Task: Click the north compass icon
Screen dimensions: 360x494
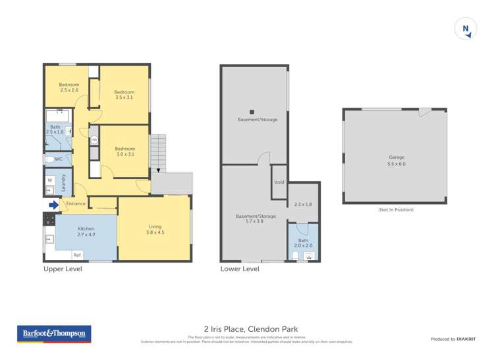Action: [466, 29]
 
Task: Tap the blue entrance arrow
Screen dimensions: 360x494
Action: [53, 204]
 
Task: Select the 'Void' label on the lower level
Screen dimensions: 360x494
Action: [279, 182]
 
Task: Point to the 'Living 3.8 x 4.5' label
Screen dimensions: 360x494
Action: [155, 229]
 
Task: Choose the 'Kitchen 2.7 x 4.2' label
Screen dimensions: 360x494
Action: [86, 231]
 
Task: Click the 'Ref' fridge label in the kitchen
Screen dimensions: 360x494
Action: [77, 255]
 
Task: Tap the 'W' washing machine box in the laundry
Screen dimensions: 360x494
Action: [50, 180]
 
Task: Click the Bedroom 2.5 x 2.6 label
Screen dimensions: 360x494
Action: [69, 88]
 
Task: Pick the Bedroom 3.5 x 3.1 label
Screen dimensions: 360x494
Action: [124, 95]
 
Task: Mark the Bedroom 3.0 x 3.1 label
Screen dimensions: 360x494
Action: [124, 151]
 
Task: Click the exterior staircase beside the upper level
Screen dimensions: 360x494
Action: [159, 151]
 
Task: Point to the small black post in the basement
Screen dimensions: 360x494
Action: [252, 112]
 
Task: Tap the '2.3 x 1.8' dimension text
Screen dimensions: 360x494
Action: [303, 205]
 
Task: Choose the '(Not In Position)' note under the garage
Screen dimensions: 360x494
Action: [395, 209]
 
